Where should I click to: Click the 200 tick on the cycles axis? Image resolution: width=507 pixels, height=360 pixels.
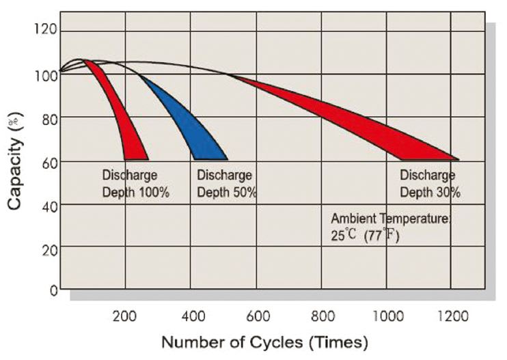(124, 316)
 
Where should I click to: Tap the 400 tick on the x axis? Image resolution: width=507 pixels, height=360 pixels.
(193, 316)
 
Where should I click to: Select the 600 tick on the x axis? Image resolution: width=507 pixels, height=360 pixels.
(258, 316)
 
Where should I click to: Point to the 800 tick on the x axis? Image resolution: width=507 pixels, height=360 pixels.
(323, 316)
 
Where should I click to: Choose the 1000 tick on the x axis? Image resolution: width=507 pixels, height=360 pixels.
(387, 316)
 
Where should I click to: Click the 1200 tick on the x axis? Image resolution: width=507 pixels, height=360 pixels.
(452, 316)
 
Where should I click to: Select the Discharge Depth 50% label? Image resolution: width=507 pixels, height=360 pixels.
(225, 184)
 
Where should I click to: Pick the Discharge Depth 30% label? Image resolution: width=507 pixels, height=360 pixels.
(429, 184)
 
